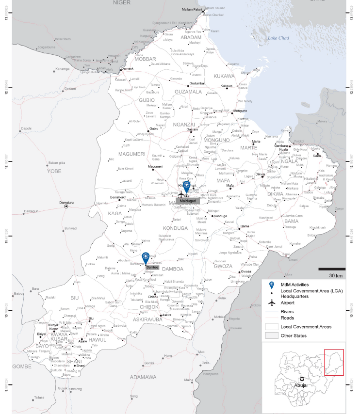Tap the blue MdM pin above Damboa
(145, 257)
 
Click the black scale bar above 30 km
(332, 269)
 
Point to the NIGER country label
(122, 3)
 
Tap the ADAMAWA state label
(143, 377)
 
